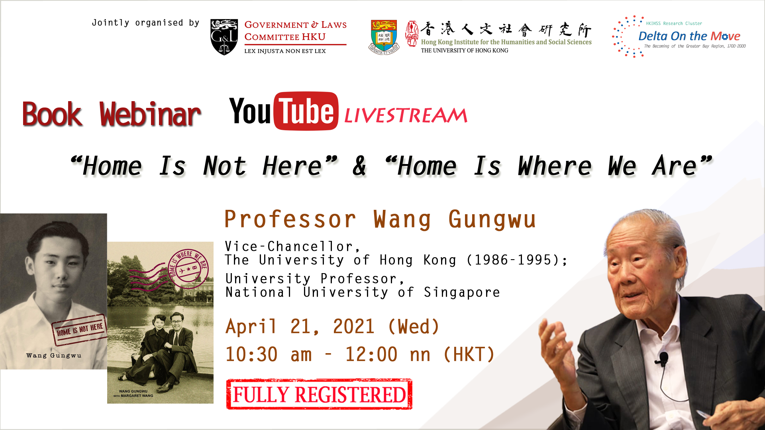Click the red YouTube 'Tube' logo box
point(306,111)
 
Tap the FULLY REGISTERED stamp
point(319,394)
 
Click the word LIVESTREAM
point(406,115)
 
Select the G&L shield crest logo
point(224,37)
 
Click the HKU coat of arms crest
point(384,37)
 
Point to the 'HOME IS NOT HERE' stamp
point(80,330)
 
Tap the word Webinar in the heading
point(150,115)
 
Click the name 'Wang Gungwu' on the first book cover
point(54,356)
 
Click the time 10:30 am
point(269,354)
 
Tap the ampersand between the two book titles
point(359,166)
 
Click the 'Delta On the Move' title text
point(689,36)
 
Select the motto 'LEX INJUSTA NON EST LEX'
point(285,51)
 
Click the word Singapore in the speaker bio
point(462,293)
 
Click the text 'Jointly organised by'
point(145,23)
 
